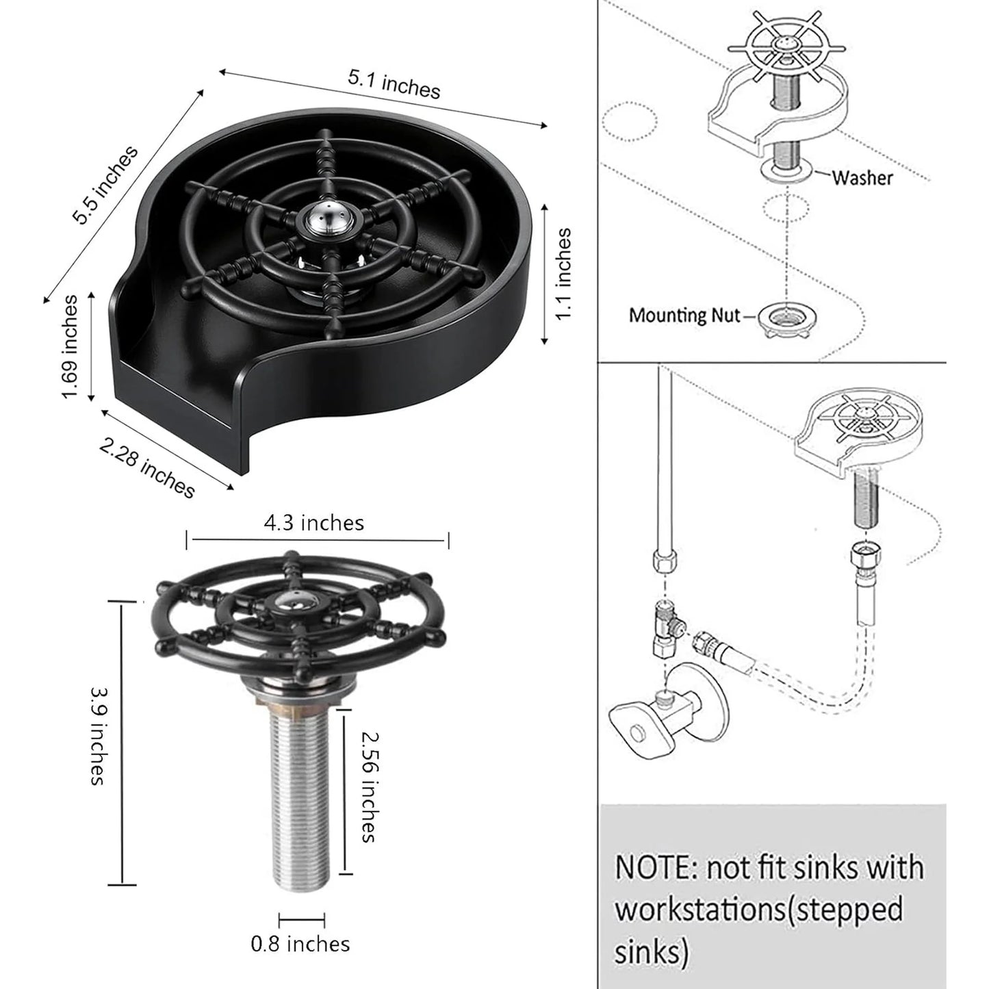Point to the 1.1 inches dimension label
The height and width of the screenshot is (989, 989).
coord(563,274)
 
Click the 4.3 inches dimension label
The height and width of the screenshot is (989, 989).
coord(314,524)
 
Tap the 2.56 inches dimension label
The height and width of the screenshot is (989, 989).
coord(368,786)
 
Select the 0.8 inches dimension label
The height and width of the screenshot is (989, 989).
coord(300,945)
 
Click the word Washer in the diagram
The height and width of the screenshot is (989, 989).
coord(862,178)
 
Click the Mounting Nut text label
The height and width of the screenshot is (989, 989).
coord(684,316)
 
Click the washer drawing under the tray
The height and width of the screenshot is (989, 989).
coord(788,171)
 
